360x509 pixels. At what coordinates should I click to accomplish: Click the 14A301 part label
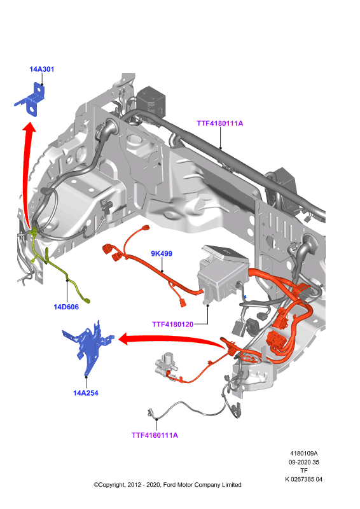pos(41,69)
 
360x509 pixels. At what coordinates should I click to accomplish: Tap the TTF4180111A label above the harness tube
pos(220,123)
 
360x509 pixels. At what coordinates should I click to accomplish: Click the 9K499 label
pos(162,253)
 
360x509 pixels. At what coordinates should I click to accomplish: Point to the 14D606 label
pos(66,307)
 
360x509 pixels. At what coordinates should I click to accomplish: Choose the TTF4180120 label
pos(173,324)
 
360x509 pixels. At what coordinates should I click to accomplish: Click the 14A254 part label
pos(86,393)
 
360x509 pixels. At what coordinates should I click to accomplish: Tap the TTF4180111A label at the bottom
pos(155,435)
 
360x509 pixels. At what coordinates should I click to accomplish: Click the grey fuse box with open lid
pos(223,273)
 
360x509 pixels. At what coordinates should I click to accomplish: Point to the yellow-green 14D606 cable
pos(59,266)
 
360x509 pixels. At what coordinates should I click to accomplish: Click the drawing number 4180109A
pos(304,453)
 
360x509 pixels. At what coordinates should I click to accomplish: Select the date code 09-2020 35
pos(304,462)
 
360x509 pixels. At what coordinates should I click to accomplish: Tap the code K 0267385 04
pos(304,479)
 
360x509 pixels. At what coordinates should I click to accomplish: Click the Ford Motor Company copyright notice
pos(167,485)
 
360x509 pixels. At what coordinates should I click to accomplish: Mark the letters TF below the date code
pos(304,470)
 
